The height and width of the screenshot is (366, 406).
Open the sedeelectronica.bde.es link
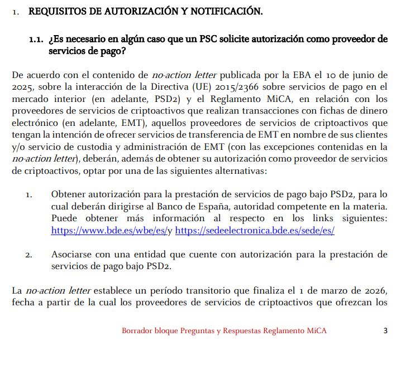click(x=255, y=230)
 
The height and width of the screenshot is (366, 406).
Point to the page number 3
click(x=385, y=331)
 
